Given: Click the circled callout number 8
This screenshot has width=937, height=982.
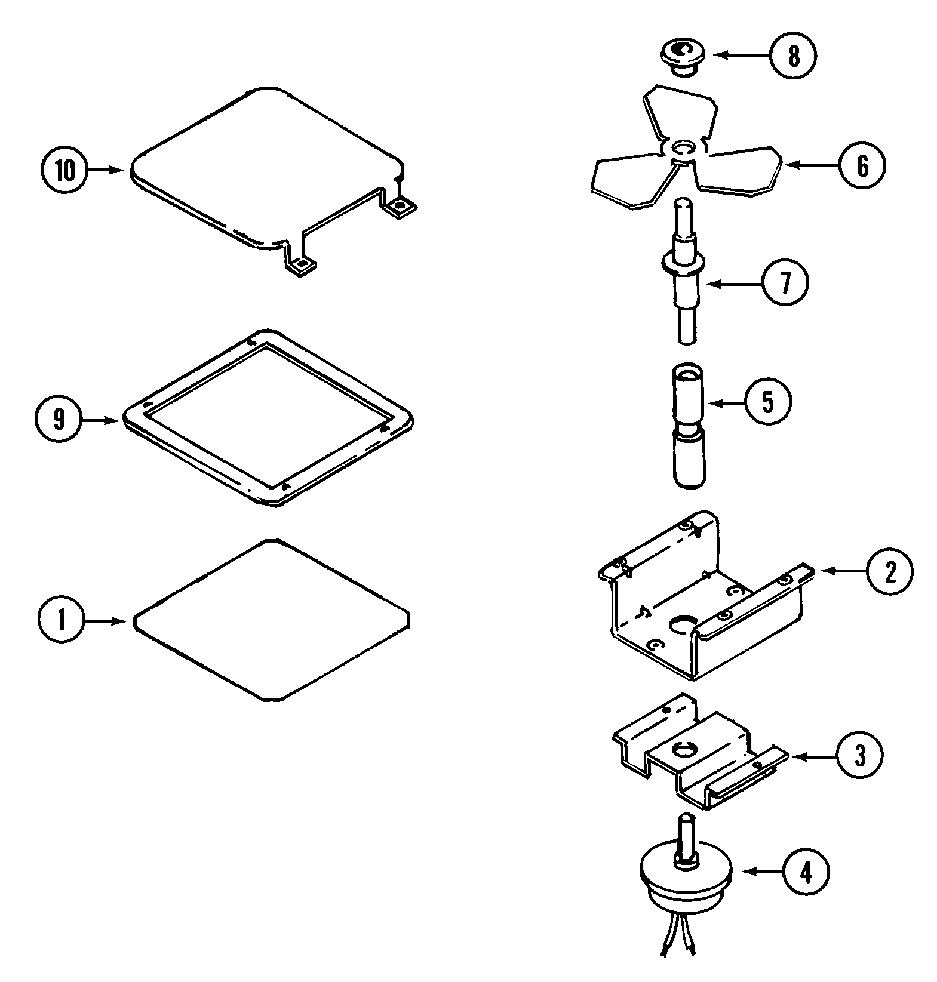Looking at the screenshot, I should pyautogui.click(x=793, y=56).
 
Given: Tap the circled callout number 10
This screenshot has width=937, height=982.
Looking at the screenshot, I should pyautogui.click(x=66, y=171).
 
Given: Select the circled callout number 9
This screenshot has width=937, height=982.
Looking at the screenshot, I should pyautogui.click(x=57, y=420).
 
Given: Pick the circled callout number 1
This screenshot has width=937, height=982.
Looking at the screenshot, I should pyautogui.click(x=62, y=621).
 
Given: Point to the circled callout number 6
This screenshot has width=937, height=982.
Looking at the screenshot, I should pyautogui.click(x=862, y=165).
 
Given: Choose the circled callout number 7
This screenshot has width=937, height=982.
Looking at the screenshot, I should pyautogui.click(x=785, y=283).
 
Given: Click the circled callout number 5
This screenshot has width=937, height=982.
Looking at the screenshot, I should pyautogui.click(x=767, y=402).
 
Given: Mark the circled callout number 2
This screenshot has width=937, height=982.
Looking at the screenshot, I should pyautogui.click(x=890, y=571).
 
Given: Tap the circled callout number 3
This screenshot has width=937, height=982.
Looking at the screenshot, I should pyautogui.click(x=859, y=756).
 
